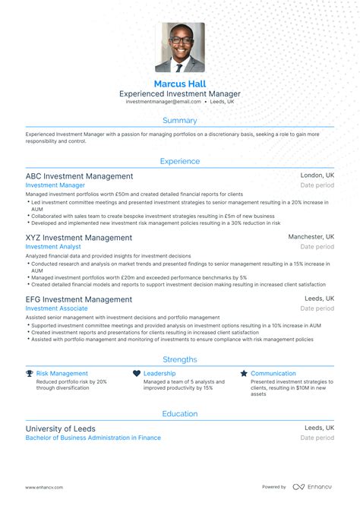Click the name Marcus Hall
[180, 83]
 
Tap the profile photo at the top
[180, 47]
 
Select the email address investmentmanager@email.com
[163, 101]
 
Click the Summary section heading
[180, 120]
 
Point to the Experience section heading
[180, 161]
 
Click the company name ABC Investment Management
[79, 175]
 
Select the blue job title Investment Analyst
[53, 247]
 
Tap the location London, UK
[317, 175]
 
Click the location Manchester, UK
[311, 237]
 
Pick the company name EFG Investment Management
[78, 299]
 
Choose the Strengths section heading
[180, 359]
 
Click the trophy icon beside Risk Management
[30, 374]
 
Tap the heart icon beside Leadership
[137, 374]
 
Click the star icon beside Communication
[244, 374]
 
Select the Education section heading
[180, 413]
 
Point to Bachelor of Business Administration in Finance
[93, 438]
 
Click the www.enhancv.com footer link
[44, 487]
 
